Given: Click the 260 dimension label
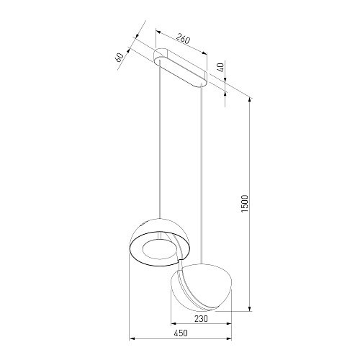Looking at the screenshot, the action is coord(183,39).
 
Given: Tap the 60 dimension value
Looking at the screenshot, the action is coord(120,57).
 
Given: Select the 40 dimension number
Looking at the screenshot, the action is coord(221,67).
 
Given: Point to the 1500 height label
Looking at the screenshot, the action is coord(244,204).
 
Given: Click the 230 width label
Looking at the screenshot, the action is coord(201,319).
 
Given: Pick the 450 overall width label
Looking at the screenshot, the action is coord(181,333).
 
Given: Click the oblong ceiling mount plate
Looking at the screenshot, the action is coord(180,67).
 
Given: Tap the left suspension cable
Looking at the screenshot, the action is coord(160,139).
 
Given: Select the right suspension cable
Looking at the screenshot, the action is coord(202,174).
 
